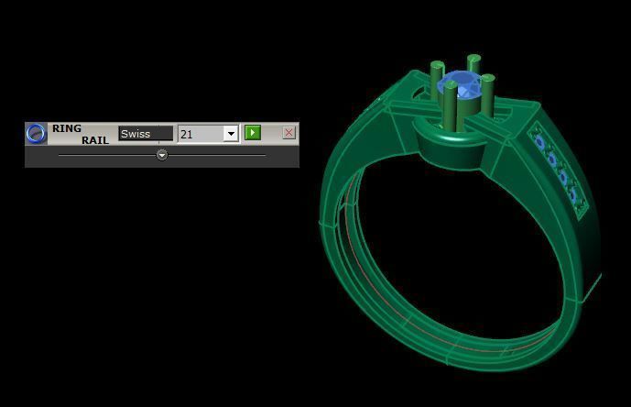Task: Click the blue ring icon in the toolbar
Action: coord(36,134)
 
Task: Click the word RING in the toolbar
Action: coord(67,128)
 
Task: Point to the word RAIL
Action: coord(94,140)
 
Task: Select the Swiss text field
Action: coord(145,134)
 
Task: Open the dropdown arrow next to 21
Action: coord(231,134)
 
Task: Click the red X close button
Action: coord(288,133)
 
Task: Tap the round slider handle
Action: coord(162,155)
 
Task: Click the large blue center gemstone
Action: coord(460,89)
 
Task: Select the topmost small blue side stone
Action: coord(539,141)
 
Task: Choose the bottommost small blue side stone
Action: coord(573,194)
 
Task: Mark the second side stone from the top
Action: coord(550,159)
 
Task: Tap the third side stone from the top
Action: coord(562,177)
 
